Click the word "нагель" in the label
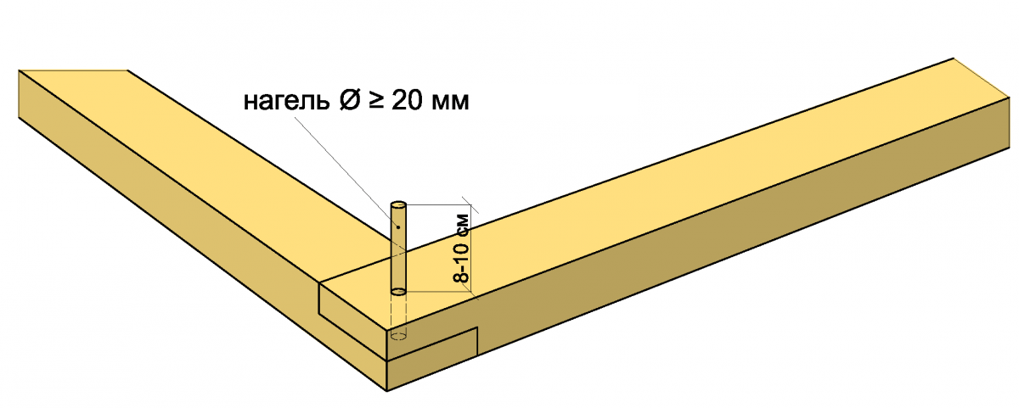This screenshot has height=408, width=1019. (x=286, y=101)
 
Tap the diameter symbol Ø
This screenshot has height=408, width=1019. (x=351, y=99)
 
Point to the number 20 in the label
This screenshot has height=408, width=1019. (x=407, y=99)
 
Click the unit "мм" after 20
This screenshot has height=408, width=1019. (x=449, y=102)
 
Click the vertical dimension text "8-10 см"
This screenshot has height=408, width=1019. (x=461, y=248)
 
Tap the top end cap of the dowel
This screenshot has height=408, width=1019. (x=398, y=205)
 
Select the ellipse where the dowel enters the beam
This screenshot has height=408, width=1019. (x=398, y=291)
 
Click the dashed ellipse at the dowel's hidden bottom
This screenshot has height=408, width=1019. (x=398, y=336)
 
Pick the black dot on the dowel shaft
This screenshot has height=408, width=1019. (x=398, y=226)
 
